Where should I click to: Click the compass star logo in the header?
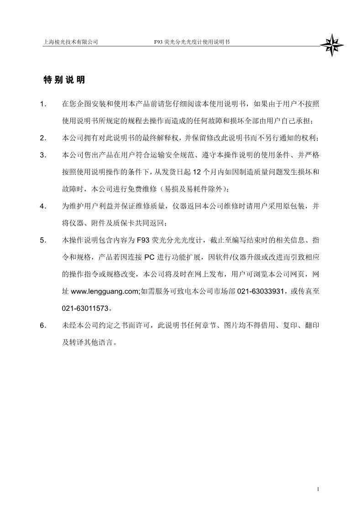pyautogui.click(x=331, y=45)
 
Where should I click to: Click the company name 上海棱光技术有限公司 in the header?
pyautogui.click(x=70, y=42)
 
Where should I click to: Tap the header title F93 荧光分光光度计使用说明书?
pyautogui.click(x=192, y=42)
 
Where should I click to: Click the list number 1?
pyautogui.click(x=43, y=104)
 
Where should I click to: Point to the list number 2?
pyautogui.click(x=43, y=138)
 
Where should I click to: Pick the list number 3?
pyautogui.click(x=43, y=155)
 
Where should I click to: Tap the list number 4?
pyautogui.click(x=43, y=206)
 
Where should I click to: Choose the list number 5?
pyautogui.click(x=43, y=240)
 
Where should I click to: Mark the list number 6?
pyautogui.click(x=43, y=325)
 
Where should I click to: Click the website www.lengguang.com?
pyautogui.click(x=105, y=291)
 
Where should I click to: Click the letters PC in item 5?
pyautogui.click(x=149, y=257)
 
